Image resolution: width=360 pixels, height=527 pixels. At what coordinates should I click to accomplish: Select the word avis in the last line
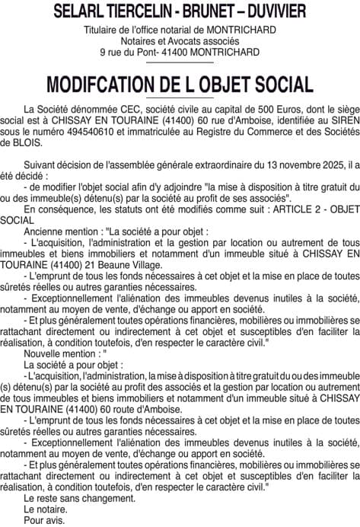tap(55, 523)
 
